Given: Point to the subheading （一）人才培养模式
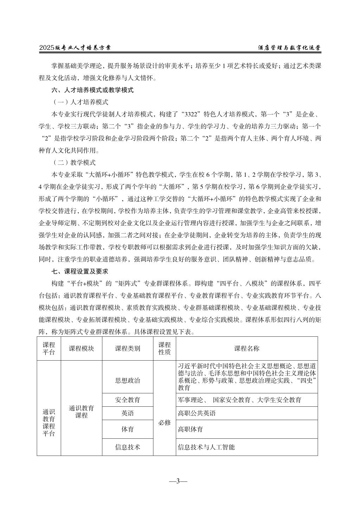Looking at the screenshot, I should (81, 103).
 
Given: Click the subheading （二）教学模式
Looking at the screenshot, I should (74, 163).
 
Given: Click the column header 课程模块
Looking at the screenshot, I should (82, 348).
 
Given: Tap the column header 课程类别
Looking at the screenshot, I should (128, 348).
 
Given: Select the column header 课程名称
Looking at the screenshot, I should (247, 348).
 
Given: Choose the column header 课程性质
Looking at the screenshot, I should (165, 348).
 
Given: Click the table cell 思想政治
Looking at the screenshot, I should (128, 380).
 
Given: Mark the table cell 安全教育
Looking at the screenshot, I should (128, 400).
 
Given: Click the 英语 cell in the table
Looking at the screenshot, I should (128, 413).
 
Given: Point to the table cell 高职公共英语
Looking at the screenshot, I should (197, 413).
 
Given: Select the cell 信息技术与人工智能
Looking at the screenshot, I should (206, 447).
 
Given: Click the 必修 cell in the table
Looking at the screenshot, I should (165, 422).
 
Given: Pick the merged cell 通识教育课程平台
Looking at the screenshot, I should (49, 423).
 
